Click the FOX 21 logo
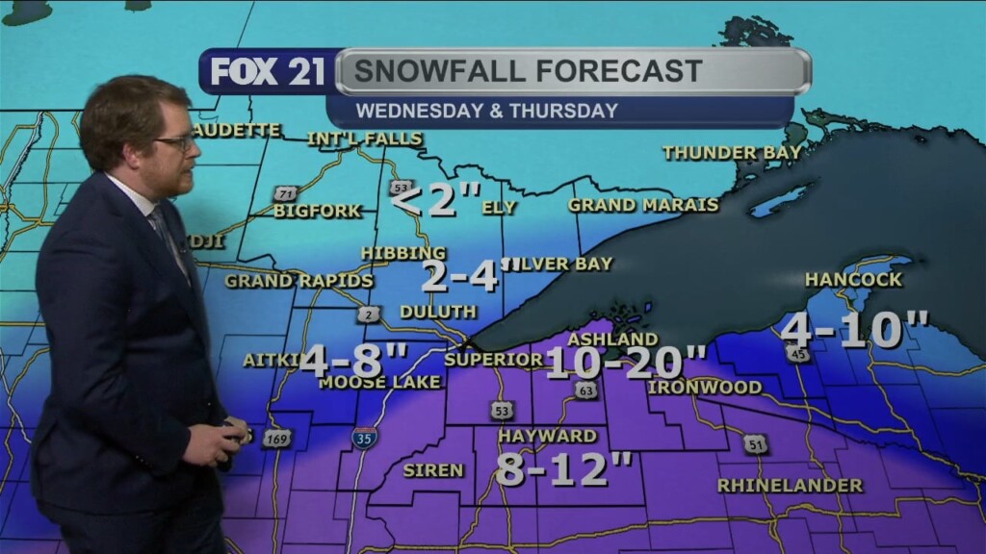pyautogui.click(x=268, y=72)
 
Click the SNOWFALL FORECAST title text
pyautogui.click(x=528, y=71)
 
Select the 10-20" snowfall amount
pyautogui.click(x=627, y=363)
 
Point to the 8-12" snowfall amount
pyautogui.click(x=565, y=468)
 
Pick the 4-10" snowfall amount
pyautogui.click(x=854, y=331)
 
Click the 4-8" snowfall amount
pyautogui.click(x=354, y=361)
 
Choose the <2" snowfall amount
pyautogui.click(x=437, y=201)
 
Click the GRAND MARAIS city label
pyautogui.click(x=643, y=205)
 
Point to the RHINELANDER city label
pyautogui.click(x=790, y=486)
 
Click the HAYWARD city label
pyautogui.click(x=547, y=436)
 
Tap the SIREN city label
pyautogui.click(x=433, y=470)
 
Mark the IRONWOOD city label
pyautogui.click(x=705, y=388)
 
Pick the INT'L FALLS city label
pyautogui.click(x=365, y=138)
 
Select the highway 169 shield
pyautogui.click(x=276, y=439)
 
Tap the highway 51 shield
pyautogui.click(x=755, y=443)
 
